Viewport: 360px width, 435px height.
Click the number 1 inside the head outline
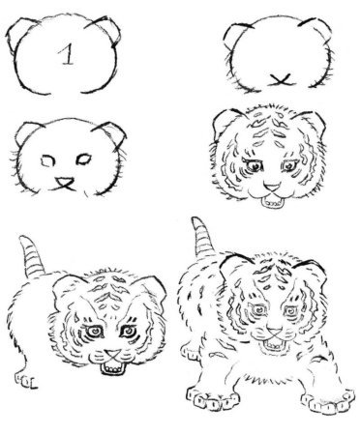click(67, 54)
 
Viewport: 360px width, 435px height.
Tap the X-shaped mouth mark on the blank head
click(281, 80)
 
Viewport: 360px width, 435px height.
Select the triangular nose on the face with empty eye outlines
click(65, 184)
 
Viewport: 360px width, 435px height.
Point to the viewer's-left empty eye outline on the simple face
click(47, 160)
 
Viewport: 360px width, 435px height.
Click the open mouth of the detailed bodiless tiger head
click(273, 203)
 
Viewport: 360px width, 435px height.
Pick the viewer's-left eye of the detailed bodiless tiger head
click(255, 166)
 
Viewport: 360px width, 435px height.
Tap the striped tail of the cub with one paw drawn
click(31, 256)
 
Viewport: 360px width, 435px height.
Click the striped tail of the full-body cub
click(203, 237)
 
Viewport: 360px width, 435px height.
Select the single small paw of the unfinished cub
click(26, 380)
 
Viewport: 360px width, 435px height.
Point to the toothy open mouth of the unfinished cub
click(113, 368)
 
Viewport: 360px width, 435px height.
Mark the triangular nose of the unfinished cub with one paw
click(113, 355)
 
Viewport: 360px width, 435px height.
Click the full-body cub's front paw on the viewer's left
click(213, 399)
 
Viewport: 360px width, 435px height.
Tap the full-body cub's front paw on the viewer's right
click(328, 401)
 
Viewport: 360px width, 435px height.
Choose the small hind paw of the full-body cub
click(191, 353)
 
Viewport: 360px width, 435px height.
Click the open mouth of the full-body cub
click(274, 345)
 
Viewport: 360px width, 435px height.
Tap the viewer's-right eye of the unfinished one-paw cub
click(129, 331)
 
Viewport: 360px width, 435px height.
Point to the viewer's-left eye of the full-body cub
click(258, 310)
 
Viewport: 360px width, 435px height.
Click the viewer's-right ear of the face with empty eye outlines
click(112, 133)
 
